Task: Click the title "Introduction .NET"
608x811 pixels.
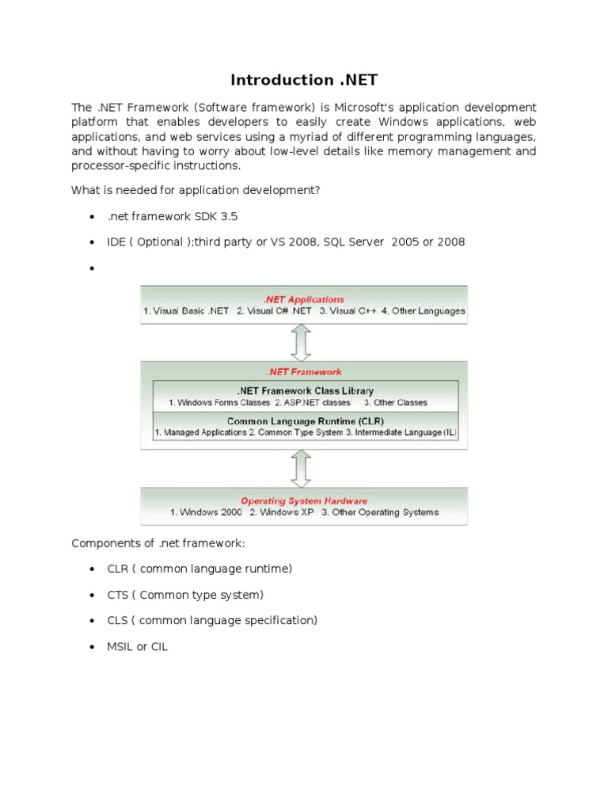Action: (x=303, y=80)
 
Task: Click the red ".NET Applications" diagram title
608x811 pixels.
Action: (x=304, y=299)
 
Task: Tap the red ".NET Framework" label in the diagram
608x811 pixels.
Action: (x=304, y=371)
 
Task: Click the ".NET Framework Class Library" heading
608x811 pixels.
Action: (x=305, y=390)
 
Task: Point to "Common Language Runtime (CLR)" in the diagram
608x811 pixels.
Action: (x=305, y=421)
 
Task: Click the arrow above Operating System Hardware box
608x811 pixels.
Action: (x=300, y=469)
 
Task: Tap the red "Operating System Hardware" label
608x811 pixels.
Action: (x=304, y=501)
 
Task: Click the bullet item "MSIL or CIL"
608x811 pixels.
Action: (x=138, y=646)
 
